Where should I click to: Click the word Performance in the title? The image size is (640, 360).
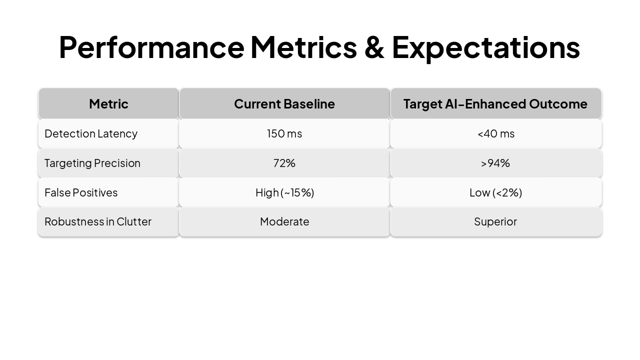pyautogui.click(x=151, y=47)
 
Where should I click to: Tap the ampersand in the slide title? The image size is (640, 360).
pyautogui.click(x=374, y=47)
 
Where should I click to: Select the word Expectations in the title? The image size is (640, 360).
pyautogui.click(x=485, y=47)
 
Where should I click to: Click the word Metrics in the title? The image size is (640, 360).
pyautogui.click(x=303, y=47)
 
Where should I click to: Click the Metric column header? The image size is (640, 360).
pyautogui.click(x=108, y=103)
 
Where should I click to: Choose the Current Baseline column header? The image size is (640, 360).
pyautogui.click(x=284, y=103)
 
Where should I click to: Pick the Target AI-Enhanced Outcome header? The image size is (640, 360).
pyautogui.click(x=495, y=103)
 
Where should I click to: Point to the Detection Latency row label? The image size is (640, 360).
pyautogui.click(x=91, y=133)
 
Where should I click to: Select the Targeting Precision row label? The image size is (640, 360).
pyautogui.click(x=92, y=163)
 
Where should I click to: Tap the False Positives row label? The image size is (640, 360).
pyautogui.click(x=81, y=192)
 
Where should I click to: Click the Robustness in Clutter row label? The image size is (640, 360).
pyautogui.click(x=98, y=221)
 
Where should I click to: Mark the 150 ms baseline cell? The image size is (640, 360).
pyautogui.click(x=284, y=133)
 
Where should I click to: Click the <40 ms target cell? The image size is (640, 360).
pyautogui.click(x=495, y=133)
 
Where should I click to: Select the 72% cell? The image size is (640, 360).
pyautogui.click(x=284, y=163)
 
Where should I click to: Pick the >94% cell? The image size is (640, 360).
pyautogui.click(x=495, y=163)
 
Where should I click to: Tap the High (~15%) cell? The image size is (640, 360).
pyautogui.click(x=284, y=192)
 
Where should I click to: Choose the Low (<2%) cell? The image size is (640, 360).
pyautogui.click(x=495, y=192)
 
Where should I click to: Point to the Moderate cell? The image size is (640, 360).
pyautogui.click(x=284, y=221)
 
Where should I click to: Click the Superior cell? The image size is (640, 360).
pyautogui.click(x=495, y=221)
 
